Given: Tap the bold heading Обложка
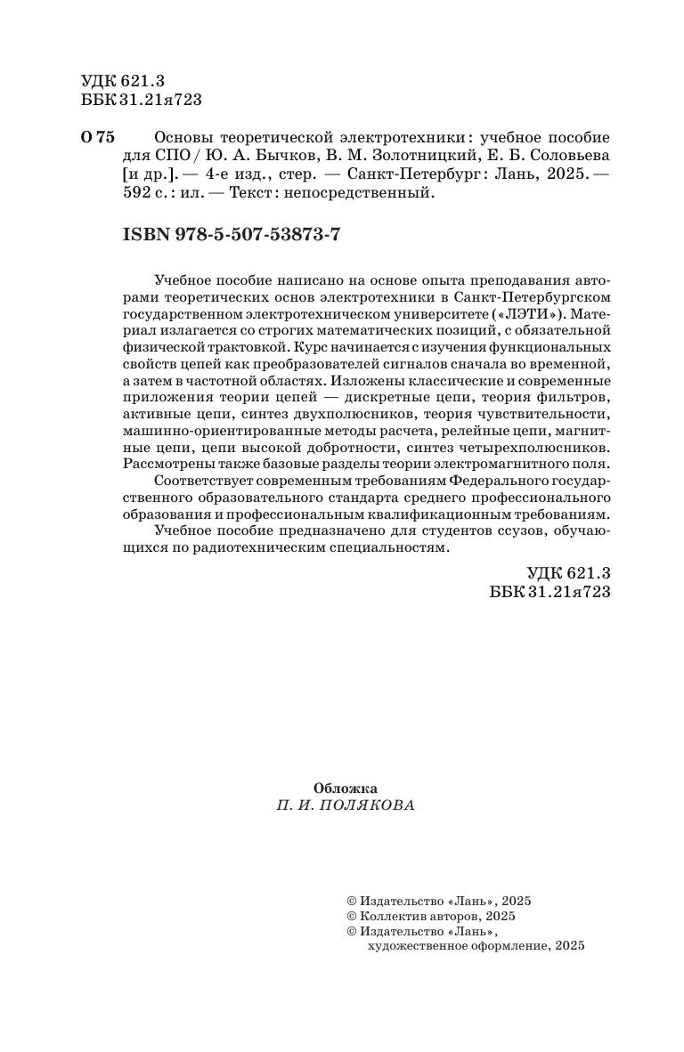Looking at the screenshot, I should click(346, 788).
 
